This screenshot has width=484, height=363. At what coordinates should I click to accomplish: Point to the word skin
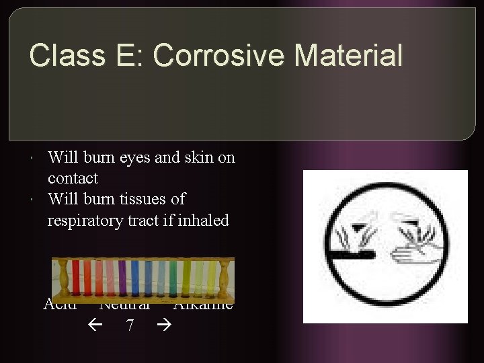pyautogui.click(x=199, y=158)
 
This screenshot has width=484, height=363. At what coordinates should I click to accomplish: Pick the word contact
pyautogui.click(x=73, y=179)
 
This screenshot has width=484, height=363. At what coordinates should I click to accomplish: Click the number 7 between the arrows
pyautogui.click(x=130, y=325)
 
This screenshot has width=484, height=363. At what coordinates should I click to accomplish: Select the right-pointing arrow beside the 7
pyautogui.click(x=164, y=325)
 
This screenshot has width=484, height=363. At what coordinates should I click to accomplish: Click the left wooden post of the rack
pyautogui.click(x=65, y=278)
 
